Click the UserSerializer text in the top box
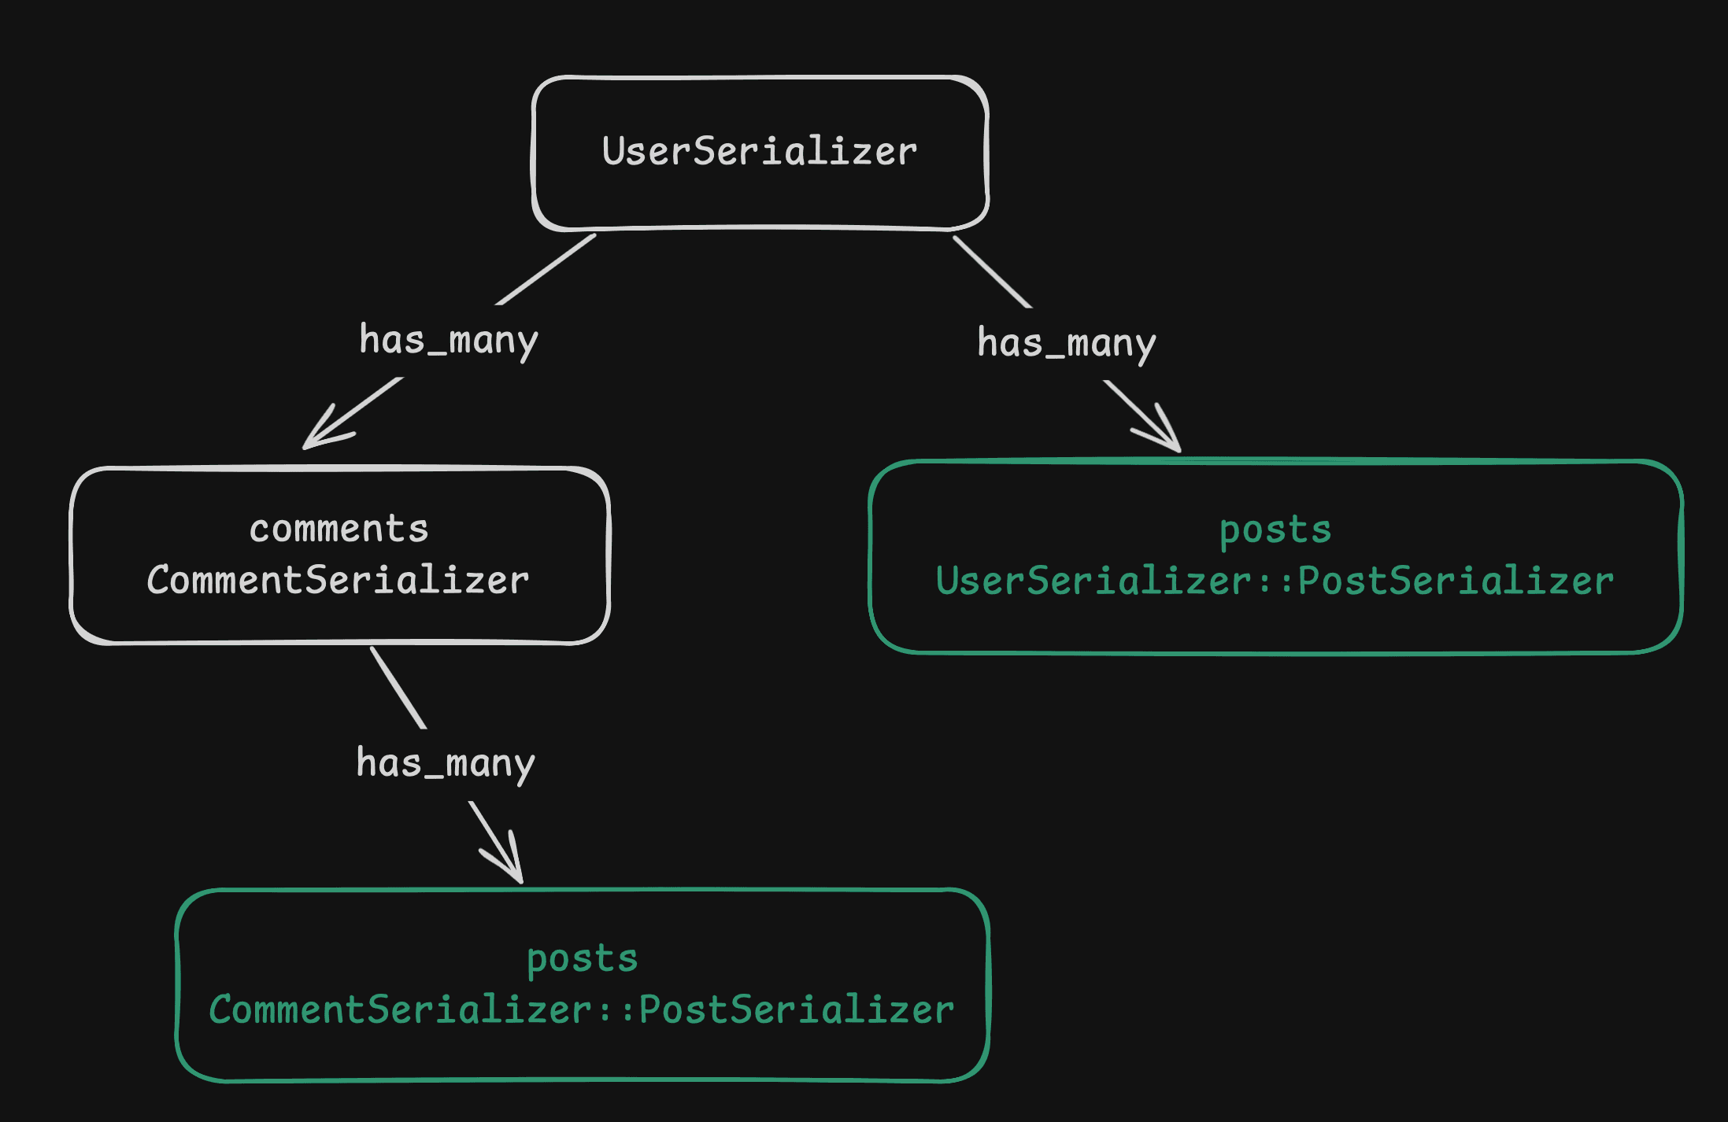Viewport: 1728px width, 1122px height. [x=759, y=151]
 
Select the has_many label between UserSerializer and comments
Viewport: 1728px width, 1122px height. [x=448, y=341]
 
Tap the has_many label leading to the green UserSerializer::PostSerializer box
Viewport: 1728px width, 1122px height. [x=1066, y=344]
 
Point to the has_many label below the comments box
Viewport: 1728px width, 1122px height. [x=445, y=764]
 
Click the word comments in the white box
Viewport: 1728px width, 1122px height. [x=339, y=529]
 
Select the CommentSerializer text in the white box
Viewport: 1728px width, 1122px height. [x=338, y=581]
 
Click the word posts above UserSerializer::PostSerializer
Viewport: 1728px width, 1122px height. [x=1275, y=530]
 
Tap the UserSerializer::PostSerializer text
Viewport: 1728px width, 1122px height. [x=1275, y=581]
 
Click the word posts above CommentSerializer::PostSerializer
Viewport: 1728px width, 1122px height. [x=582, y=958]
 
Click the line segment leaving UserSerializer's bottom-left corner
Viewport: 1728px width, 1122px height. [x=546, y=270]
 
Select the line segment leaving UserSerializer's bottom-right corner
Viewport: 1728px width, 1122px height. [x=991, y=271]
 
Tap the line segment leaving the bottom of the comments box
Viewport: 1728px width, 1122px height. [x=398, y=687]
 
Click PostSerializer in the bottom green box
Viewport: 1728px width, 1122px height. [x=797, y=1010]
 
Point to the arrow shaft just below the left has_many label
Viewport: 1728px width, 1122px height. [x=370, y=401]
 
